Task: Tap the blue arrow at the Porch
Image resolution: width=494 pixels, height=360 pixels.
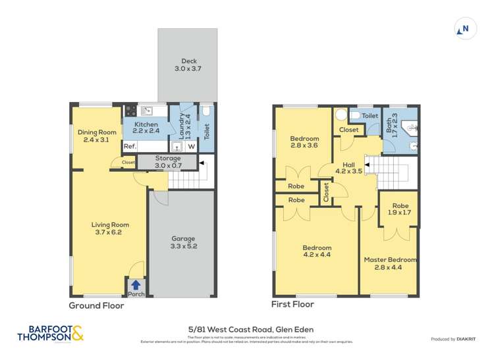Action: [x=136, y=284]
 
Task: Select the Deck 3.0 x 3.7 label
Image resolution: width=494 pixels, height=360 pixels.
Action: [x=190, y=65]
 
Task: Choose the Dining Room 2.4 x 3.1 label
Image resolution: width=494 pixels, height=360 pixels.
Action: [x=96, y=136]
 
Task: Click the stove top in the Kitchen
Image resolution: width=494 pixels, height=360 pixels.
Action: [x=130, y=111]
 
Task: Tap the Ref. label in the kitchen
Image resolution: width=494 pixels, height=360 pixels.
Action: [x=130, y=146]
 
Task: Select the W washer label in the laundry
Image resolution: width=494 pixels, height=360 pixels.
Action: [x=191, y=146]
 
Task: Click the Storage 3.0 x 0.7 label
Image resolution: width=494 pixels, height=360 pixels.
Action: [x=167, y=162]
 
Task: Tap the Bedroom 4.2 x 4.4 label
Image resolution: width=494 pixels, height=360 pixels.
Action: [x=316, y=250]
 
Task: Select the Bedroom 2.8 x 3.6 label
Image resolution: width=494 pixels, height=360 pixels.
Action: [x=304, y=142]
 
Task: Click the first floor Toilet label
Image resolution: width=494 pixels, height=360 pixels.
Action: [x=370, y=115]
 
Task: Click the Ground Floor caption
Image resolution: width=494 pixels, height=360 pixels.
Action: [x=96, y=305]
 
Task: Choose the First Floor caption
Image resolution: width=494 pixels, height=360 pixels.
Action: [x=293, y=305]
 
